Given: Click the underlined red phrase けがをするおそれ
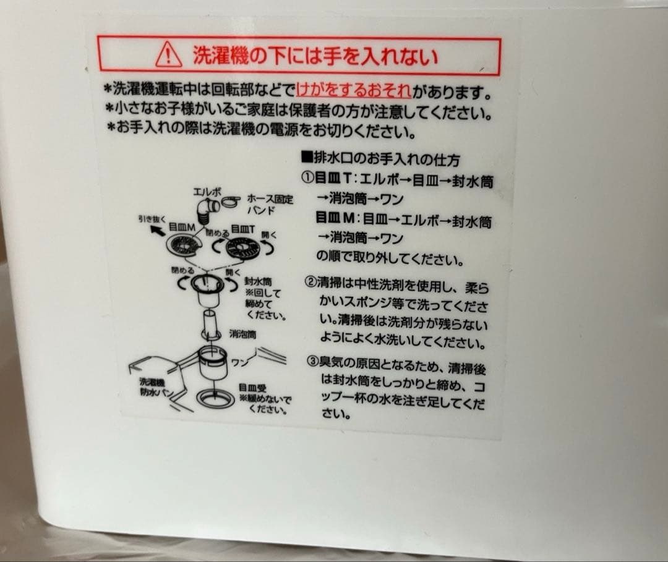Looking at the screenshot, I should tap(354, 91).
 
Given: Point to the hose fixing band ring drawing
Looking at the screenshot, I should tap(230, 200).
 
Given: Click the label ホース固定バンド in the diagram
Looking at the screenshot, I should tap(270, 205).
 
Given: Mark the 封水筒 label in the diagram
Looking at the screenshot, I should tap(254, 281).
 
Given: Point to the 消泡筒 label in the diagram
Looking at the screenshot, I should tap(243, 334).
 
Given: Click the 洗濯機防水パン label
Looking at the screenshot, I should tap(154, 388).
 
